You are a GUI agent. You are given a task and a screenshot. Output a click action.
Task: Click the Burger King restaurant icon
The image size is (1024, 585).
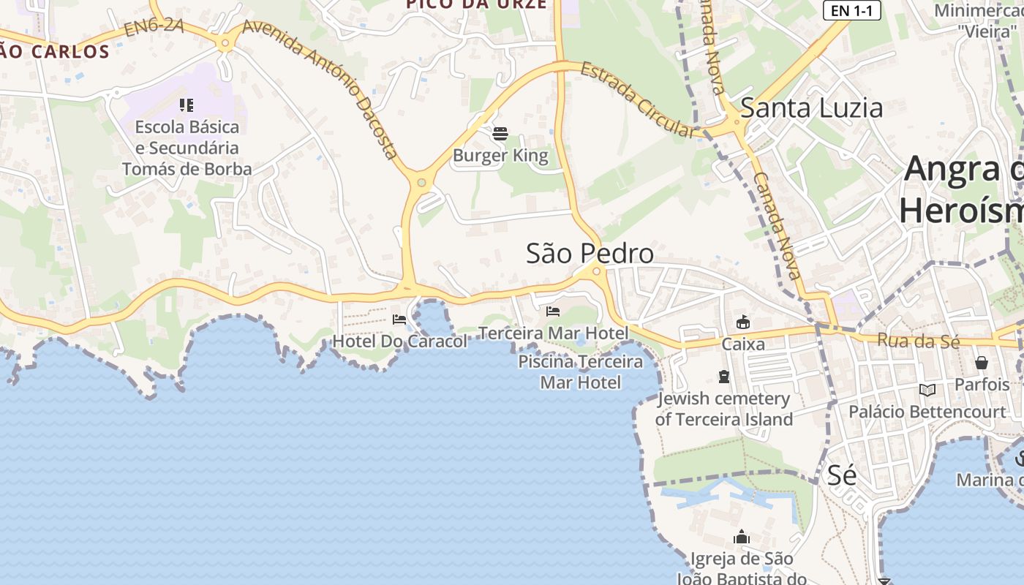(x=500, y=134)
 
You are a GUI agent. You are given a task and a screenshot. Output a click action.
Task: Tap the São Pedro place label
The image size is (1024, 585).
(x=590, y=253)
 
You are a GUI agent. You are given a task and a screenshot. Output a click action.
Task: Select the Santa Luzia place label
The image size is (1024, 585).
(x=811, y=107)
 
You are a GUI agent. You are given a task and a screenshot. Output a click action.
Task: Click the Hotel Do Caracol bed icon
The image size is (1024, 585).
(x=399, y=319)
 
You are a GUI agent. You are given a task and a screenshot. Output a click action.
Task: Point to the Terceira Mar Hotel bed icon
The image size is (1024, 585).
(x=553, y=312)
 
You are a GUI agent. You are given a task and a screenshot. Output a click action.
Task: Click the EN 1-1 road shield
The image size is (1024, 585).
(x=851, y=10)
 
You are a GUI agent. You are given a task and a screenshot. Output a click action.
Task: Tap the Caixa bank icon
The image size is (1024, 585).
(x=743, y=322)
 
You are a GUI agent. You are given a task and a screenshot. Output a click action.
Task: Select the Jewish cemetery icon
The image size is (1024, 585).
(x=724, y=377)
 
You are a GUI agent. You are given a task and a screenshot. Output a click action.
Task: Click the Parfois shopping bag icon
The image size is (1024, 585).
(x=981, y=363)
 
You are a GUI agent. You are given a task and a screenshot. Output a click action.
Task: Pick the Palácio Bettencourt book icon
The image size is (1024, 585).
(x=927, y=390)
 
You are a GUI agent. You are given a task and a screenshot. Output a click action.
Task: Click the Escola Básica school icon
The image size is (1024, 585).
(x=187, y=105)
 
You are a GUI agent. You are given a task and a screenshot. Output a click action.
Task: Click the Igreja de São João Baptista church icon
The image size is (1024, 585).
(x=742, y=537)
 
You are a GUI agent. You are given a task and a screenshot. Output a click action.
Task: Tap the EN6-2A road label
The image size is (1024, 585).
(x=153, y=28)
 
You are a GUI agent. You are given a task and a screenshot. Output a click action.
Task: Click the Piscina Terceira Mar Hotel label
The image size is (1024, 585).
(x=581, y=371)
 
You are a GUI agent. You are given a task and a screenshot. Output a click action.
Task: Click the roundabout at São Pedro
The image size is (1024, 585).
(x=597, y=271)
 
